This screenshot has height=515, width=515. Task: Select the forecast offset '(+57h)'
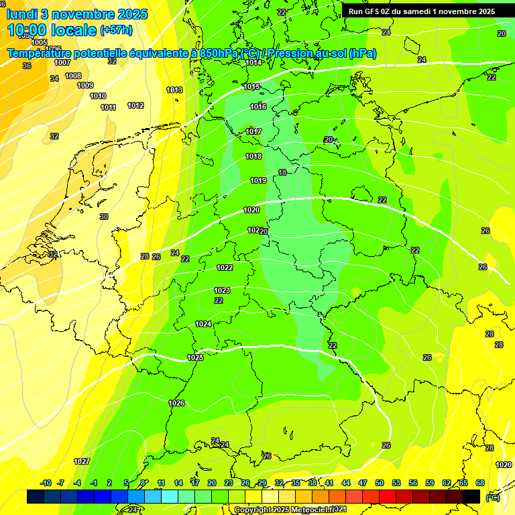(x=116, y=30)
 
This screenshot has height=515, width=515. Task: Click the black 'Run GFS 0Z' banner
(x=422, y=11)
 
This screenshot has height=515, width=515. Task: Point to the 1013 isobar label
(x=174, y=90)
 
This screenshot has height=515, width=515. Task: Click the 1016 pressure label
(x=258, y=107)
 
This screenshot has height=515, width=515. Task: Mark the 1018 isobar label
(x=253, y=156)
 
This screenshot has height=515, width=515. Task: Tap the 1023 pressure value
(x=222, y=290)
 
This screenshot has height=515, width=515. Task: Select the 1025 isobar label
(x=195, y=357)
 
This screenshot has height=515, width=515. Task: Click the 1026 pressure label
(x=176, y=403)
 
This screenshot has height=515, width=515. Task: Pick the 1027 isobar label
(x=82, y=461)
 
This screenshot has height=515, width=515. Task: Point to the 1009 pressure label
(x=85, y=85)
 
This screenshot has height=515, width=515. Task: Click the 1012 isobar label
(x=135, y=105)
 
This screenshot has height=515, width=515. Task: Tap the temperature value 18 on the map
(x=282, y=172)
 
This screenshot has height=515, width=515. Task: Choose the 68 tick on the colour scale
(x=480, y=483)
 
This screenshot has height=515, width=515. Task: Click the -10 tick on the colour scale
(x=46, y=483)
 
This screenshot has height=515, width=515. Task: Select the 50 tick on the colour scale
(x=380, y=483)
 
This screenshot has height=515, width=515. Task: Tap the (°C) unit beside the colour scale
(x=492, y=497)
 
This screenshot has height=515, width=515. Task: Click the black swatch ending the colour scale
(x=471, y=496)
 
